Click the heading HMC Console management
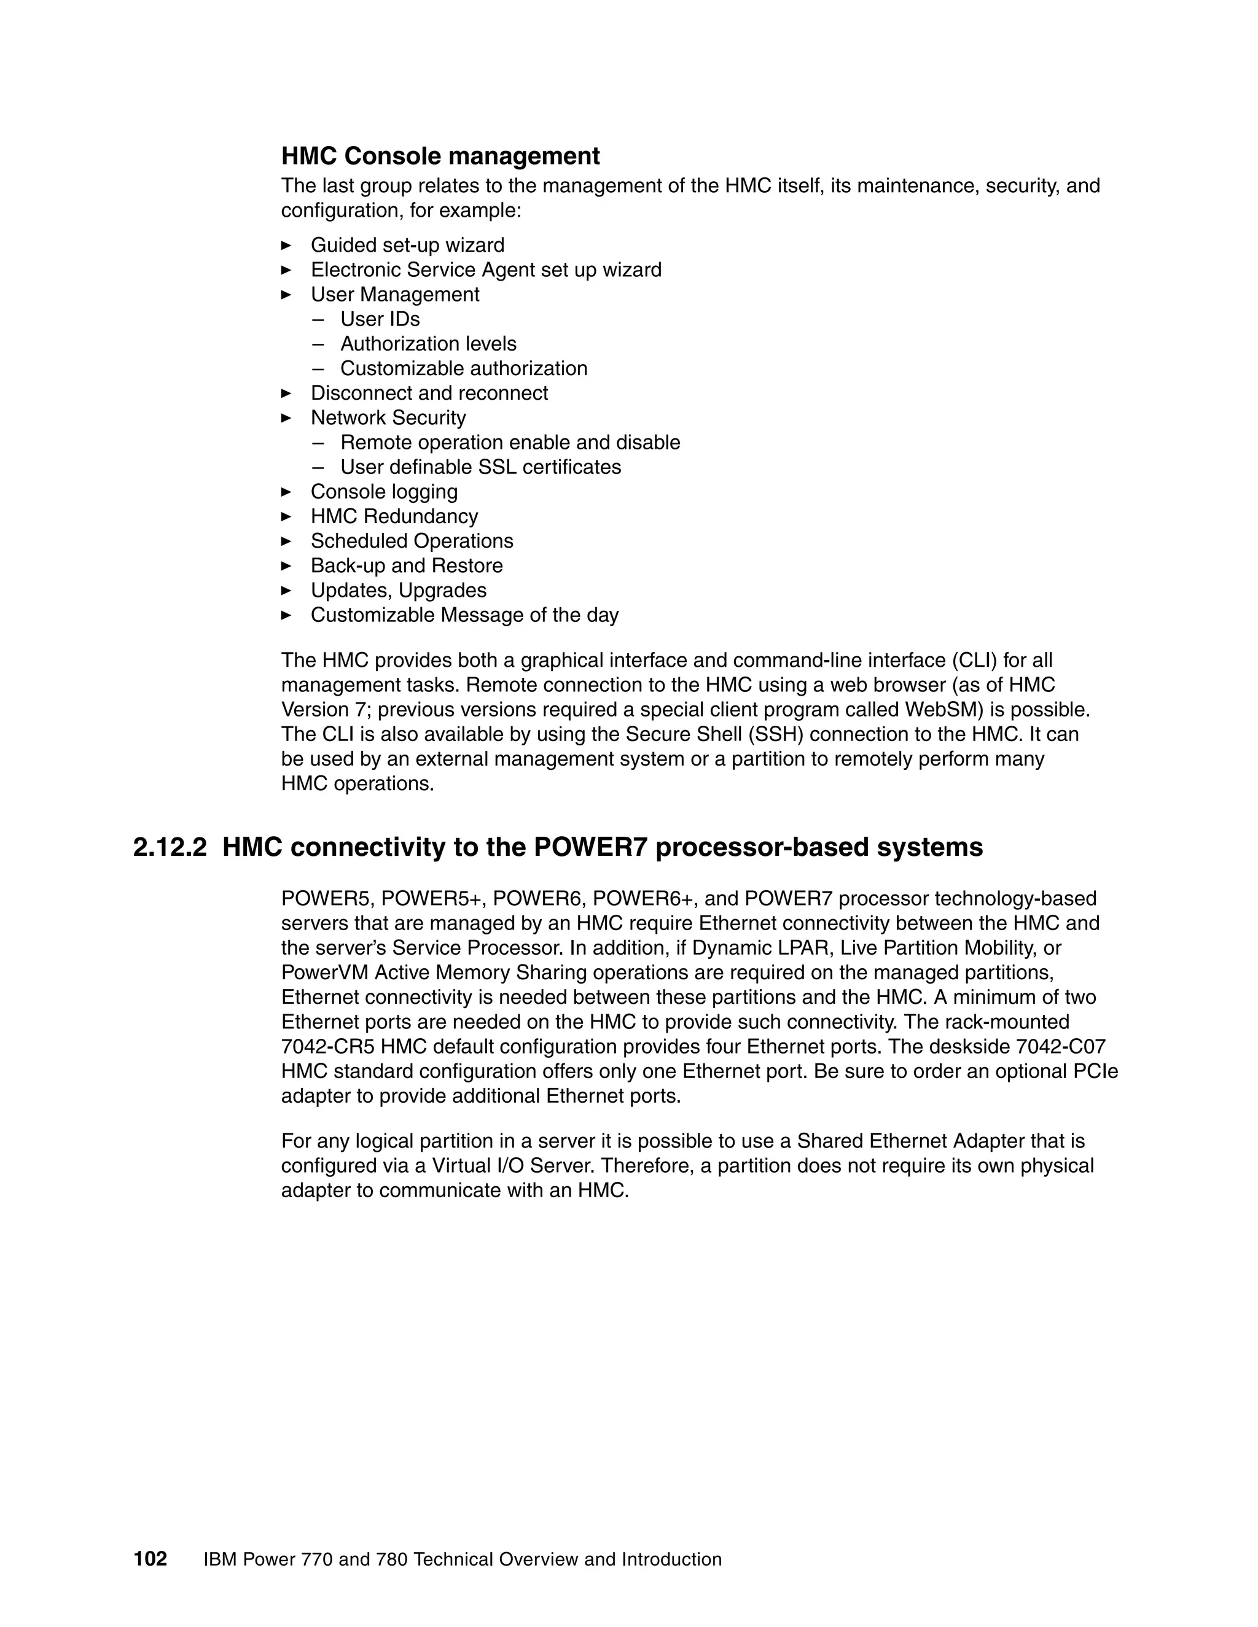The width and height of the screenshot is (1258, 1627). (440, 157)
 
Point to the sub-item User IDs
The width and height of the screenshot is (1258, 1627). (380, 319)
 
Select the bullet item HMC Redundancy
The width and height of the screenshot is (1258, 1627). (394, 516)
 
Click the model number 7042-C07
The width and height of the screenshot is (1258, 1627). (1060, 1047)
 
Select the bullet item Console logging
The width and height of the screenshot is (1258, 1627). (384, 492)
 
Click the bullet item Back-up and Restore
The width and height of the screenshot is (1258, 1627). (406, 565)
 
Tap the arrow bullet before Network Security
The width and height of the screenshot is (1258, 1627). (286, 418)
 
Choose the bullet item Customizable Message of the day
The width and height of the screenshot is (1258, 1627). (464, 615)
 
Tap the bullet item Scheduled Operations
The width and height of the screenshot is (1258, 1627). (412, 541)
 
